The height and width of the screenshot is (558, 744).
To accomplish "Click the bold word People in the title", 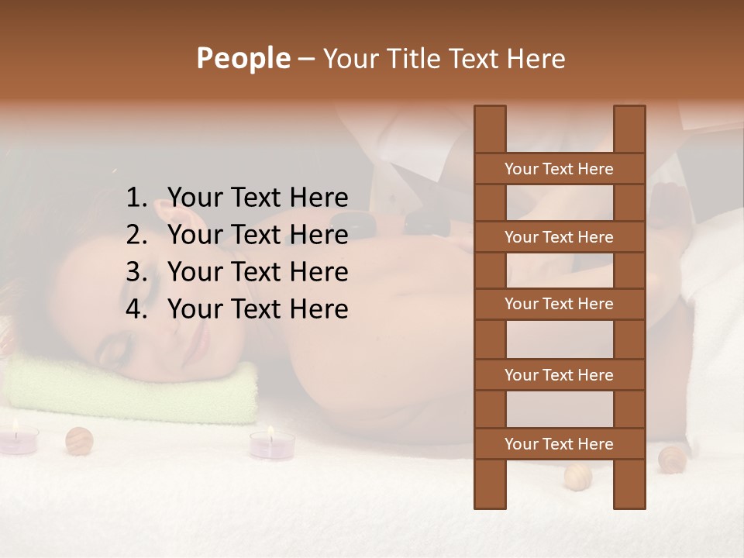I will coord(243,59).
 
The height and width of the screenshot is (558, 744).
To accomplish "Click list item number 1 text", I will coord(257,198).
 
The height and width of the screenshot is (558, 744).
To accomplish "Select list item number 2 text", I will coord(257,235).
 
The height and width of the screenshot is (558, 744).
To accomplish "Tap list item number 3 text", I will coord(257,272).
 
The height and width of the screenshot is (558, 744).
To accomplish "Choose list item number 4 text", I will coord(257,309).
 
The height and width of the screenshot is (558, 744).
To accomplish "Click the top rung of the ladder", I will coord(559,169).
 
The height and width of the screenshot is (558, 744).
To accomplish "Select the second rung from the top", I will coord(559,237).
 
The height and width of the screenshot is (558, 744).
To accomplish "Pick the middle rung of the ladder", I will coord(559,305).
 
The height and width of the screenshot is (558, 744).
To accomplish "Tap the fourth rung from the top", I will coord(559,375).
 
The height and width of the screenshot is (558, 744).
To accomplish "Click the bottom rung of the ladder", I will coord(559,444).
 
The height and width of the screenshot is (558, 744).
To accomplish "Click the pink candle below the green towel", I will coord(271,444).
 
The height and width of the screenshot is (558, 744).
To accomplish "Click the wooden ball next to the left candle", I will coord(79,441).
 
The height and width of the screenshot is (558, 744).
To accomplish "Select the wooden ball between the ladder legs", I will coord(577,476).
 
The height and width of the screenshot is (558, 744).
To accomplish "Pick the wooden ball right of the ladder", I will coord(671,460).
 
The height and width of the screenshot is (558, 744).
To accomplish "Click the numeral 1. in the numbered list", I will coord(136,198).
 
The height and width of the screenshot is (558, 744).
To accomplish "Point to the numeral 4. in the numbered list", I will coord(136,309).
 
